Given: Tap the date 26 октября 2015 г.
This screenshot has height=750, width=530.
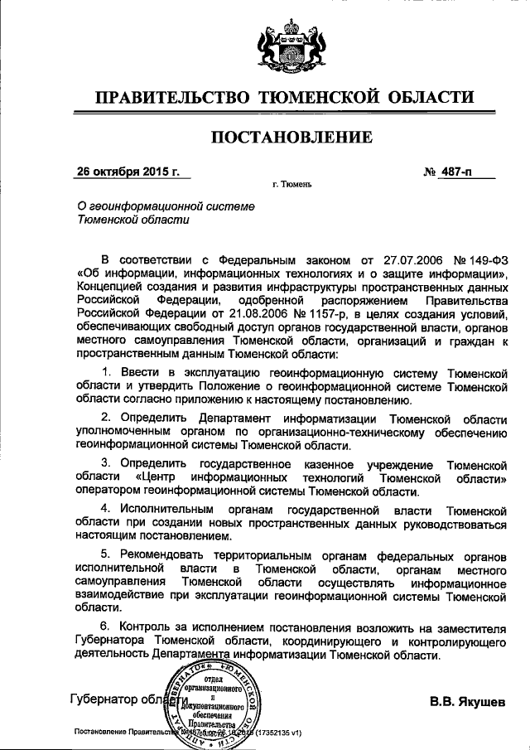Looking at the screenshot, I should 128,172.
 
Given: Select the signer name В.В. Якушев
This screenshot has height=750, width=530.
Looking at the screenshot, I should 466,703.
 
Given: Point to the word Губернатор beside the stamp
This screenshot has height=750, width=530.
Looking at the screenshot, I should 103,699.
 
